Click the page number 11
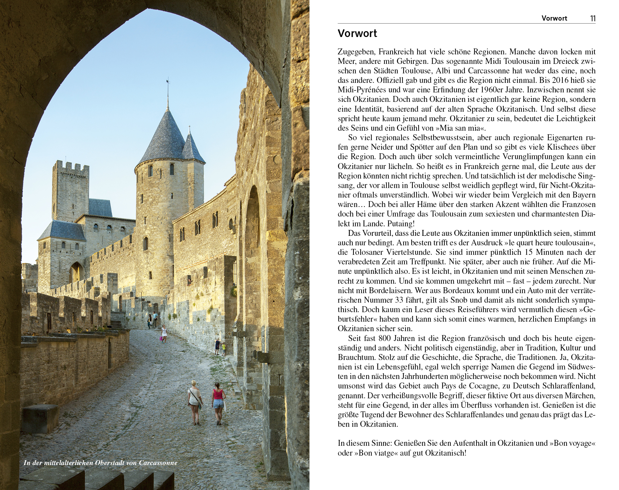tap(592, 18)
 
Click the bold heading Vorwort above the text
tap(357, 33)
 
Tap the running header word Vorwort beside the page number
tap(554, 18)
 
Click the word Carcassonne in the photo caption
tap(158, 463)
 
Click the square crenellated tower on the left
tap(70, 190)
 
